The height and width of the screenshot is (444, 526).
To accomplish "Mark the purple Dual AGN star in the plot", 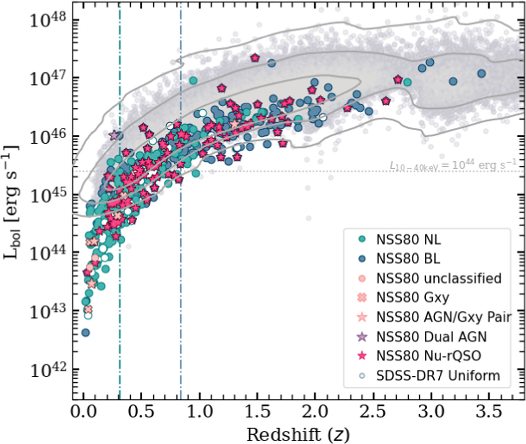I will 114,136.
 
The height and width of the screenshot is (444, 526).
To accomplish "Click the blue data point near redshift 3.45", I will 481,73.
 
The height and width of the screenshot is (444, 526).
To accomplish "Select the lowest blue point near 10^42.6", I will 86,333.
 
